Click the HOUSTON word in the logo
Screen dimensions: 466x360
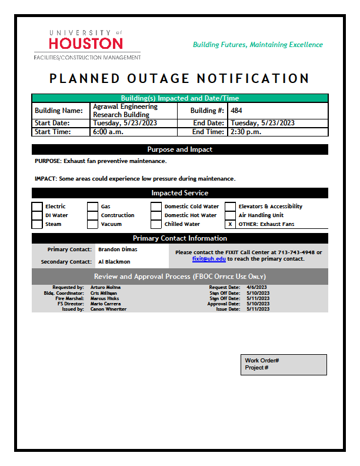86,44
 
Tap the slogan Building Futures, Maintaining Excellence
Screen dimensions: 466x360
258,45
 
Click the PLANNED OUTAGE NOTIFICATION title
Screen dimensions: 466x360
179,79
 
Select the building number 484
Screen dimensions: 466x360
236,111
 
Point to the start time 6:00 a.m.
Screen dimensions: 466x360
106,132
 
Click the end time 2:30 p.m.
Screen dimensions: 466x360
245,132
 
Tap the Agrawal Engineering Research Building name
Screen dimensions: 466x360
125,111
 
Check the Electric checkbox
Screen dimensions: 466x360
37,207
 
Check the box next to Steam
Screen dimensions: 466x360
37,224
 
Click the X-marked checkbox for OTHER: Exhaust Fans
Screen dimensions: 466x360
230,224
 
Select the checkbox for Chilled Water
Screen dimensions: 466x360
156,224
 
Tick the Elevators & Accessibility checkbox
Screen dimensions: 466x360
230,207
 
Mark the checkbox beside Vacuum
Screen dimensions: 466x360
92,224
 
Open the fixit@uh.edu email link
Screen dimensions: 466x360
209,259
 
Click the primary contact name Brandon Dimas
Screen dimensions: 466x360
118,249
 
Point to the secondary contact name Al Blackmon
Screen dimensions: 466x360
115,262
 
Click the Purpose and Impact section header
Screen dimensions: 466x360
179,149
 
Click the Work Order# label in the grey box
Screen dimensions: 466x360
262,360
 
